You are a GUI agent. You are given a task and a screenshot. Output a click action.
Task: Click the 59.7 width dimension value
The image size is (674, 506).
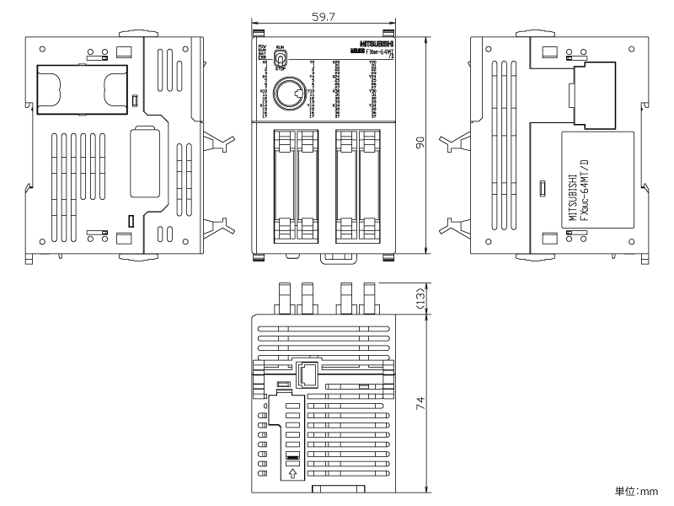[x=321, y=16]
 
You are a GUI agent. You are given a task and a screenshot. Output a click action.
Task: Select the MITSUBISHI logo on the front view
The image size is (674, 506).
[x=375, y=43]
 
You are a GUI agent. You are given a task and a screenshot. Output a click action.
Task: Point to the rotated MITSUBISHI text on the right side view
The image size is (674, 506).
[x=573, y=197]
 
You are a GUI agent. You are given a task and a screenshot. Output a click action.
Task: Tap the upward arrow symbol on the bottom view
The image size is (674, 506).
[x=292, y=475]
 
